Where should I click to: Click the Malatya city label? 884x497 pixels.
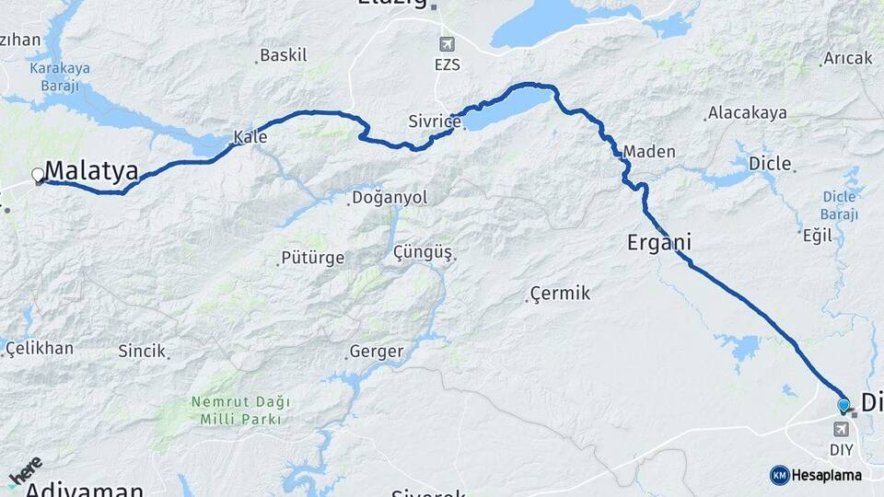click(91, 171)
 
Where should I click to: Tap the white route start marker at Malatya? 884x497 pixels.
click(39, 174)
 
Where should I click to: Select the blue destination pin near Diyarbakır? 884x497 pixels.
click(843, 405)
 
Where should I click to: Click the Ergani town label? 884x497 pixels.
click(659, 243)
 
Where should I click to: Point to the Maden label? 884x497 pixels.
click(649, 152)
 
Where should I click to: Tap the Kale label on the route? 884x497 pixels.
click(250, 137)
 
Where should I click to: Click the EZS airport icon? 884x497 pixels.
click(448, 44)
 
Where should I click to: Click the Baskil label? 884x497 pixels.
click(284, 55)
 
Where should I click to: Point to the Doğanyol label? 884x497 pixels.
click(390, 198)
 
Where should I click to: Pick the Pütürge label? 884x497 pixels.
click(313, 259)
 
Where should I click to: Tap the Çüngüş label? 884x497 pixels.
click(424, 252)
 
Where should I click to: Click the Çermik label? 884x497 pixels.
click(560, 294)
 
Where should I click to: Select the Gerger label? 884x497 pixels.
click(376, 352)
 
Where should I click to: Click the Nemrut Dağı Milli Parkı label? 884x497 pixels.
click(240, 410)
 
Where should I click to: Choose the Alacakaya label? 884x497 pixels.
click(747, 113)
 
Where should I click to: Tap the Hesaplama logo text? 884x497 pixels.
click(826, 476)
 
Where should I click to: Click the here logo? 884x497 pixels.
click(25, 472)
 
